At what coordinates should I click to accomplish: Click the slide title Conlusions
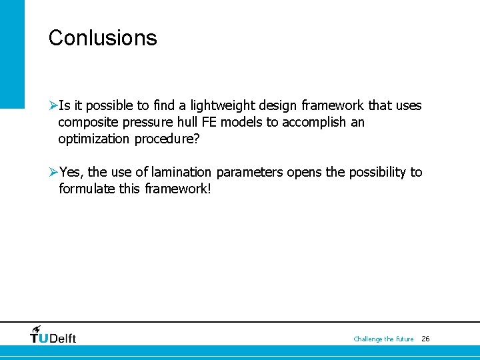[103, 38]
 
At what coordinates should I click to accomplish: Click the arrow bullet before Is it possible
[53, 106]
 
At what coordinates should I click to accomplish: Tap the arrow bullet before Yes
[53, 173]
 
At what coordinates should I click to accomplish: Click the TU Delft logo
[53, 335]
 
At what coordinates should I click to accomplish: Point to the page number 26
[425, 339]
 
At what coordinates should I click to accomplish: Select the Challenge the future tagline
[383, 339]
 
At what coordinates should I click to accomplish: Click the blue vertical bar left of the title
[12, 53]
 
